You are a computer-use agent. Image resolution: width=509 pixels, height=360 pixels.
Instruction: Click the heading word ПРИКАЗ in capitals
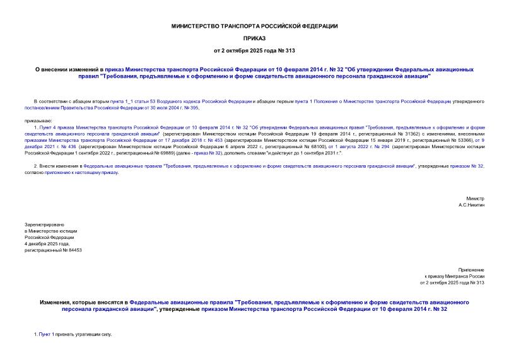tap(254, 38)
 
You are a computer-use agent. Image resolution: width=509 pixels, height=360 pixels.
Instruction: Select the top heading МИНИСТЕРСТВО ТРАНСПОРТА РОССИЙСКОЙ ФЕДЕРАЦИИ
tap(254, 26)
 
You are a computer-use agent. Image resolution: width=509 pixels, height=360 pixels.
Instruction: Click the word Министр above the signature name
tap(475, 199)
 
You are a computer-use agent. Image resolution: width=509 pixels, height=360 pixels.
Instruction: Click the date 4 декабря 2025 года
tap(47, 243)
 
